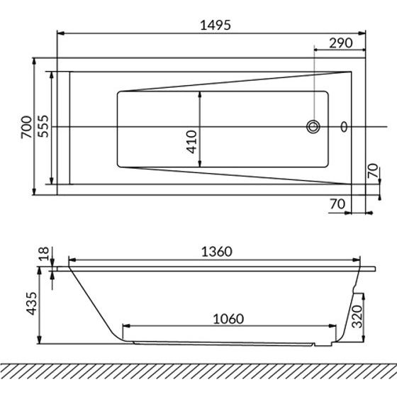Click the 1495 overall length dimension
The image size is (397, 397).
(216, 25)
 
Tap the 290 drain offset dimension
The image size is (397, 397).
(340, 43)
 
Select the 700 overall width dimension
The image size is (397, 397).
(27, 127)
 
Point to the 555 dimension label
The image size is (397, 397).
(43, 126)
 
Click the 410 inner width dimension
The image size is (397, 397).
(191, 142)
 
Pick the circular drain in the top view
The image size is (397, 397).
(313, 127)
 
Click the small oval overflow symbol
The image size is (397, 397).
(344, 127)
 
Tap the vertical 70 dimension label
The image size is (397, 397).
(373, 171)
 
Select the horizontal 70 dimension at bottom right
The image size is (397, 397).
(337, 204)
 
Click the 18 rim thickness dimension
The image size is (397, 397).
(43, 254)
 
